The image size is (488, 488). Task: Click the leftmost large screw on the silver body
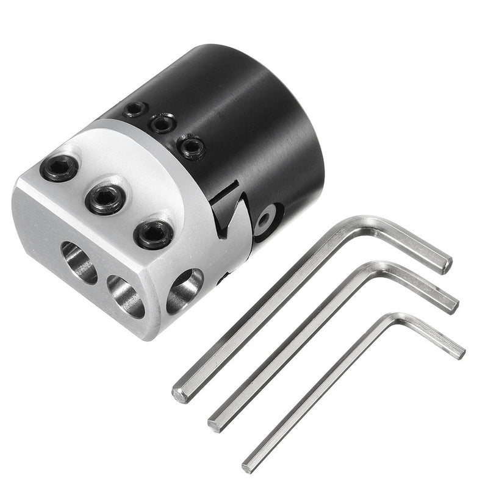click(x=59, y=167)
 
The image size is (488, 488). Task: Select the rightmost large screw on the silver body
click(x=153, y=234)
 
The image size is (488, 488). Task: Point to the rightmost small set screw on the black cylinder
click(x=192, y=146)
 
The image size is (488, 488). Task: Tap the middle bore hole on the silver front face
click(x=126, y=296)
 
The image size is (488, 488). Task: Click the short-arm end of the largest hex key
click(x=447, y=264)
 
